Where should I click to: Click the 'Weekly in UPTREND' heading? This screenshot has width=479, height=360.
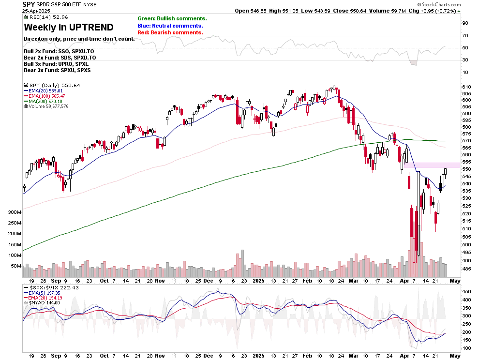point(69,27)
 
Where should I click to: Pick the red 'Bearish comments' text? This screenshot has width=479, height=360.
point(170,32)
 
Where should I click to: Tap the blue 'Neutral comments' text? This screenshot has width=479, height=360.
point(170,26)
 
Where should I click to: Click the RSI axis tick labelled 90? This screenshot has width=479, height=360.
point(464,23)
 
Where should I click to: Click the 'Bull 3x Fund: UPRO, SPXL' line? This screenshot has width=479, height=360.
point(56,64)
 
